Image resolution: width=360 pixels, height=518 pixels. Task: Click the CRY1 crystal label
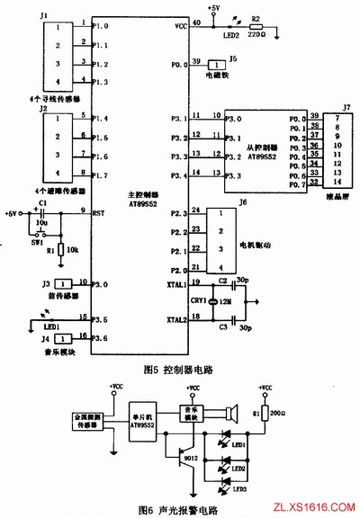(x=198, y=300)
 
